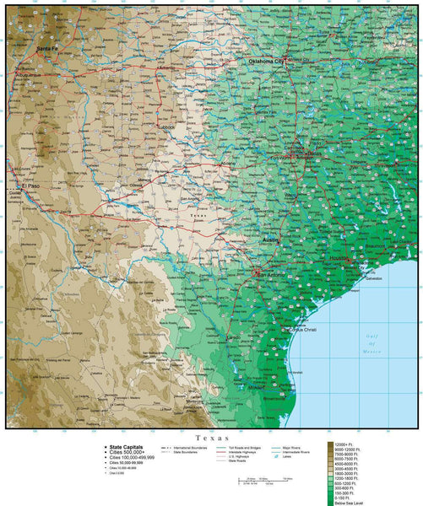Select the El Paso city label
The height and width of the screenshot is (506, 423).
pyautogui.click(x=32, y=186)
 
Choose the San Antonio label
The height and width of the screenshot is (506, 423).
pyautogui.click(x=271, y=274)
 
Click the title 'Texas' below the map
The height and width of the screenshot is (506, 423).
pyautogui.click(x=211, y=438)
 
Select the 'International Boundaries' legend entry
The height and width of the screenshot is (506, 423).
pyautogui.click(x=190, y=447)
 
